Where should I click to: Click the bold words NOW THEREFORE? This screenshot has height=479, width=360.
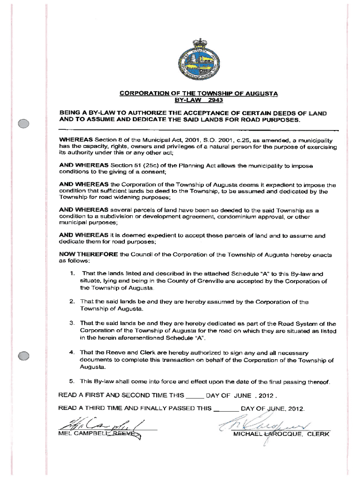(x=88, y=255)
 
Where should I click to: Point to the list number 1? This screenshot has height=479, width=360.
(x=68, y=274)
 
